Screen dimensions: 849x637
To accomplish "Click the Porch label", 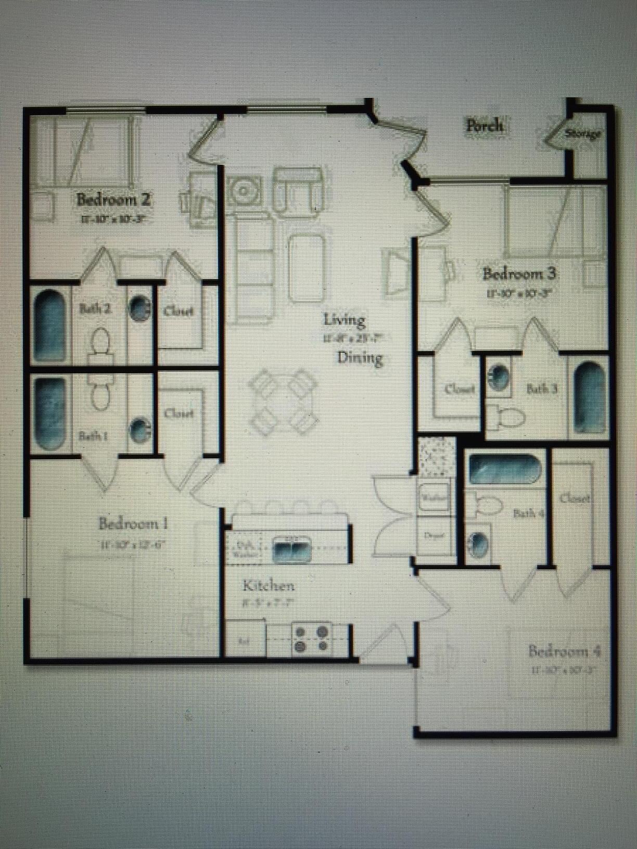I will [485, 125].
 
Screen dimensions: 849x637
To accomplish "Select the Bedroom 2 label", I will [114, 199].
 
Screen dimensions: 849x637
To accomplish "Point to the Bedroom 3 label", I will [519, 274].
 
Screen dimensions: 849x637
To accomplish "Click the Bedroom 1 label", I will [133, 523].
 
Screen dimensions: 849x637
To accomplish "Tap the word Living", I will [344, 319].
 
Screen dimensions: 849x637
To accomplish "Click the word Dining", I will [360, 358].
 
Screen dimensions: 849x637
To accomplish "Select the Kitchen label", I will [269, 586].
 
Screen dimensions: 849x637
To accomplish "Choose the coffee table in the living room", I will [307, 268].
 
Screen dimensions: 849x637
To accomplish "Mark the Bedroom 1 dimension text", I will [133, 545].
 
